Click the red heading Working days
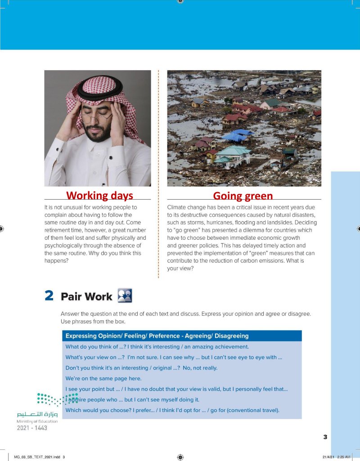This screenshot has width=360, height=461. pyautogui.click(x=99, y=196)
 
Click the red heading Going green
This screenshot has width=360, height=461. pyautogui.click(x=243, y=196)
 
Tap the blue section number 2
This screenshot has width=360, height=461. pyautogui.click(x=49, y=296)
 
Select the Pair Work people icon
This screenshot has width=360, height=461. pyautogui.click(x=124, y=295)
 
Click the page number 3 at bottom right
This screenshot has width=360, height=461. pyautogui.click(x=325, y=437)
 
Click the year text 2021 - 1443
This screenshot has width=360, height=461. pyautogui.click(x=32, y=428)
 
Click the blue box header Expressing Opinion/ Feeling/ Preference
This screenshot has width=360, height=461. pyautogui.click(x=157, y=336)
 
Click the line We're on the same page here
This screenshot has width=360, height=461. pyautogui.click(x=103, y=379)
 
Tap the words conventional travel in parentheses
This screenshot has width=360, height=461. pyautogui.click(x=255, y=410)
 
